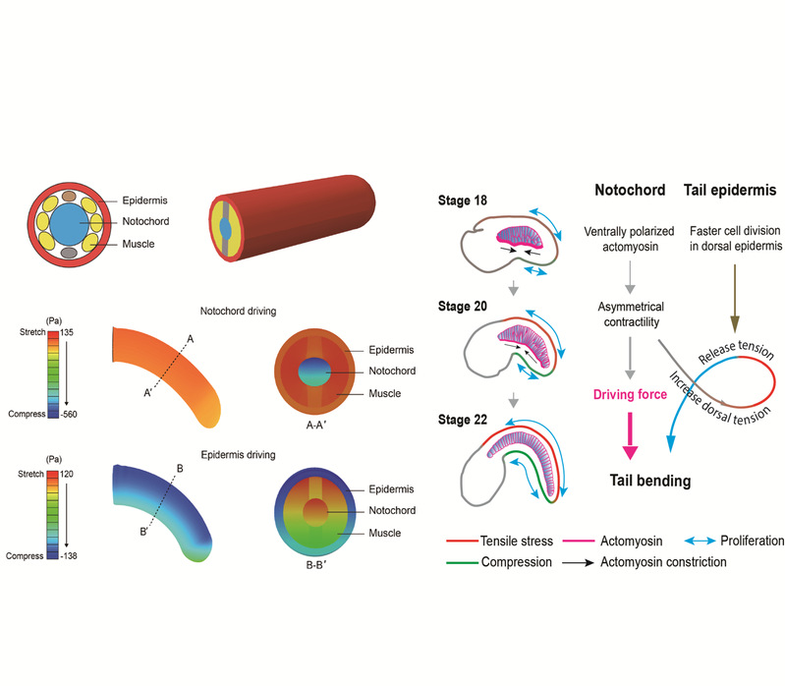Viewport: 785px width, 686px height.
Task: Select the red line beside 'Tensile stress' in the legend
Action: point(461,541)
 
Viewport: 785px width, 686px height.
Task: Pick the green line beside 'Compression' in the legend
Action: point(461,562)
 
